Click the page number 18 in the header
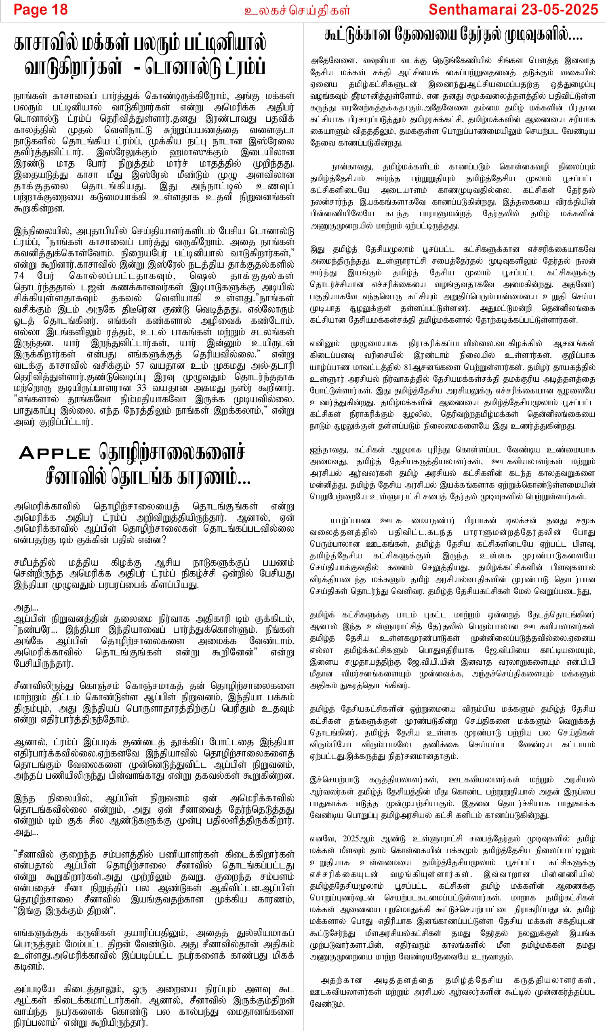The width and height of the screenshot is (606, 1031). click(59, 9)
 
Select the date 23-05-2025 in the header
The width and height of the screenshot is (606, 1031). click(560, 9)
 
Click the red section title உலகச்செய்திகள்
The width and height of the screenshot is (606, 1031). click(297, 10)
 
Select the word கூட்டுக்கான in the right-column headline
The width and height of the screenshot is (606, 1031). click(358, 35)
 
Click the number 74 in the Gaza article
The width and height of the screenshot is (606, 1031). click(19, 275)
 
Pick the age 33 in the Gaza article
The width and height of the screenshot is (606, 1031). click(141, 388)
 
